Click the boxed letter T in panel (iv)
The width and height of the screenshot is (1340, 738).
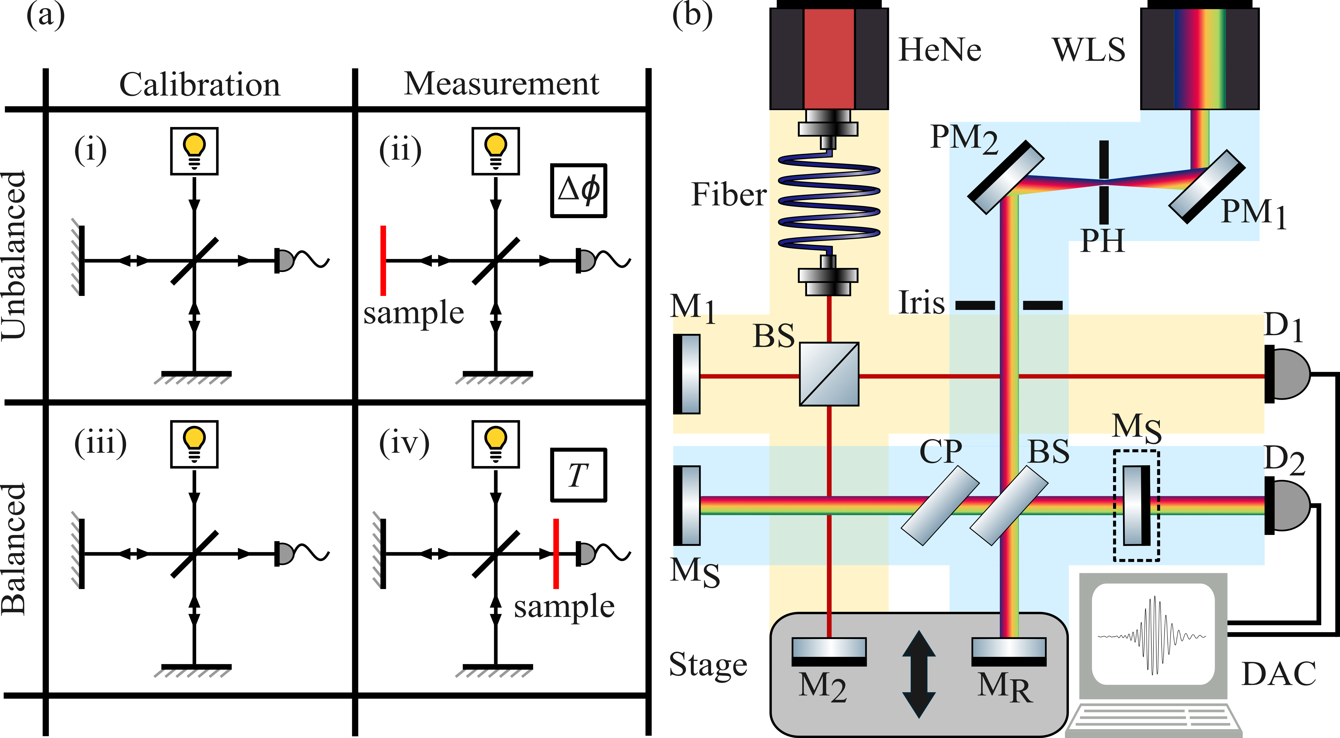(578, 475)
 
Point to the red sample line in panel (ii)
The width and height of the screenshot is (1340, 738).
(383, 260)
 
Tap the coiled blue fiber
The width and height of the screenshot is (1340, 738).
(829, 203)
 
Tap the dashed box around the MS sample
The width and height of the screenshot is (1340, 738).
(1137, 506)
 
